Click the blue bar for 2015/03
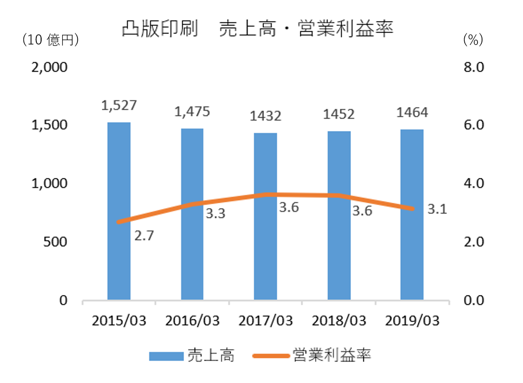[119, 210]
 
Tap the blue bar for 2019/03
[412, 214]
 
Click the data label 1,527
[119, 105]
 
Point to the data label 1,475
[192, 111]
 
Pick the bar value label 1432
[265, 116]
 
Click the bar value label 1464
[412, 113]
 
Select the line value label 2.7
[143, 236]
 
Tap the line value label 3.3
[215, 214]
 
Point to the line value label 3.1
[437, 209]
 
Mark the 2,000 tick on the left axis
[50, 67]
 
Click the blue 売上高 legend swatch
[166, 356]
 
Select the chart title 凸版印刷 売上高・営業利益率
[257, 29]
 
